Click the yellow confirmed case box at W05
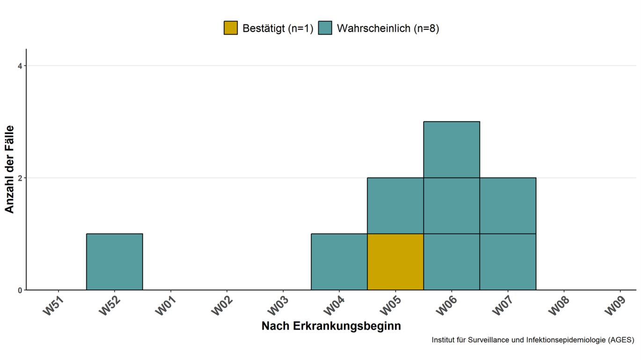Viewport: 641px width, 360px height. [395, 262]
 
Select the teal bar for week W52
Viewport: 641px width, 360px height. [115, 262]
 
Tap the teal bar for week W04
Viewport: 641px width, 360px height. [339, 262]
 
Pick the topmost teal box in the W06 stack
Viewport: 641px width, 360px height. [452, 149]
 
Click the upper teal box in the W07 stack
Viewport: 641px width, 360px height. [508, 206]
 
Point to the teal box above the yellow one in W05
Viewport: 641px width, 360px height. [395, 206]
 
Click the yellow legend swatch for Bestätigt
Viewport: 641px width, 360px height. [231, 28]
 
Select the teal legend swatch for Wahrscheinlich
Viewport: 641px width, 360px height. [325, 28]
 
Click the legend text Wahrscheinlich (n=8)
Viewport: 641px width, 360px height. [388, 28]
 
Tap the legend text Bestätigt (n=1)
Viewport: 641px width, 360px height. [277, 28]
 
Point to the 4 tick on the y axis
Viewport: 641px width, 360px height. [20, 66]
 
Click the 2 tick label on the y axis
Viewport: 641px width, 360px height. [20, 178]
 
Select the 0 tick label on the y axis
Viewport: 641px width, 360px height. [20, 290]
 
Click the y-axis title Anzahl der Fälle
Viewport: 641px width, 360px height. [10, 169]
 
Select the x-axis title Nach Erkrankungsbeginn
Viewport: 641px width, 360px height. [331, 326]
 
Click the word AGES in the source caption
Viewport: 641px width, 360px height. [620, 340]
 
